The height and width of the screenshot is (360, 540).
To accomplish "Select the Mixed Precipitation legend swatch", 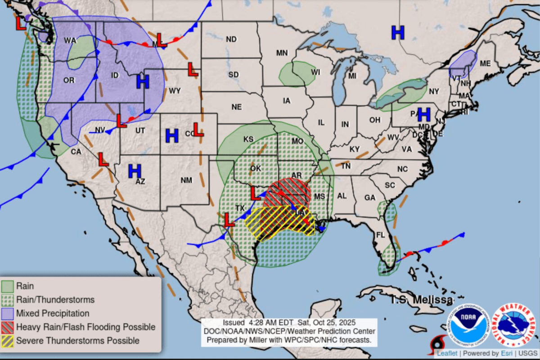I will click(8, 313).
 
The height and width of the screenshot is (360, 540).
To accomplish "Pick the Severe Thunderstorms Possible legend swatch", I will click(8, 341).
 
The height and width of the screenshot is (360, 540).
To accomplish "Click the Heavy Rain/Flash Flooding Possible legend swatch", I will click(8, 327).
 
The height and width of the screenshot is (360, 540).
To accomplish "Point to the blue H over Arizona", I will click(135, 171).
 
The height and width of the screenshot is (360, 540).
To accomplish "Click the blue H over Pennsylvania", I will click(424, 114).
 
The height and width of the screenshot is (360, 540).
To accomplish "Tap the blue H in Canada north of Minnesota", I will click(398, 32).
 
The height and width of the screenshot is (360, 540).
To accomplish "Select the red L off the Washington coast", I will click(21, 23).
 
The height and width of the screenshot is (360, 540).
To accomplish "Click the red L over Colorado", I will click(198, 130).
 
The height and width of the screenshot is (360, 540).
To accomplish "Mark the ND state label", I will click(231, 40).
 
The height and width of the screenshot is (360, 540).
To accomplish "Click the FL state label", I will click(381, 235).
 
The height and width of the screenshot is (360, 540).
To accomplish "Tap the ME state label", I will click(485, 64).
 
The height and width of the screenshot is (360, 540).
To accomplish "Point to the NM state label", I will click(186, 180).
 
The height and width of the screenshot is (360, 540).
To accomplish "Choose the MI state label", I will click(352, 76).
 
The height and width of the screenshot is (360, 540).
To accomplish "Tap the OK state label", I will click(255, 168).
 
